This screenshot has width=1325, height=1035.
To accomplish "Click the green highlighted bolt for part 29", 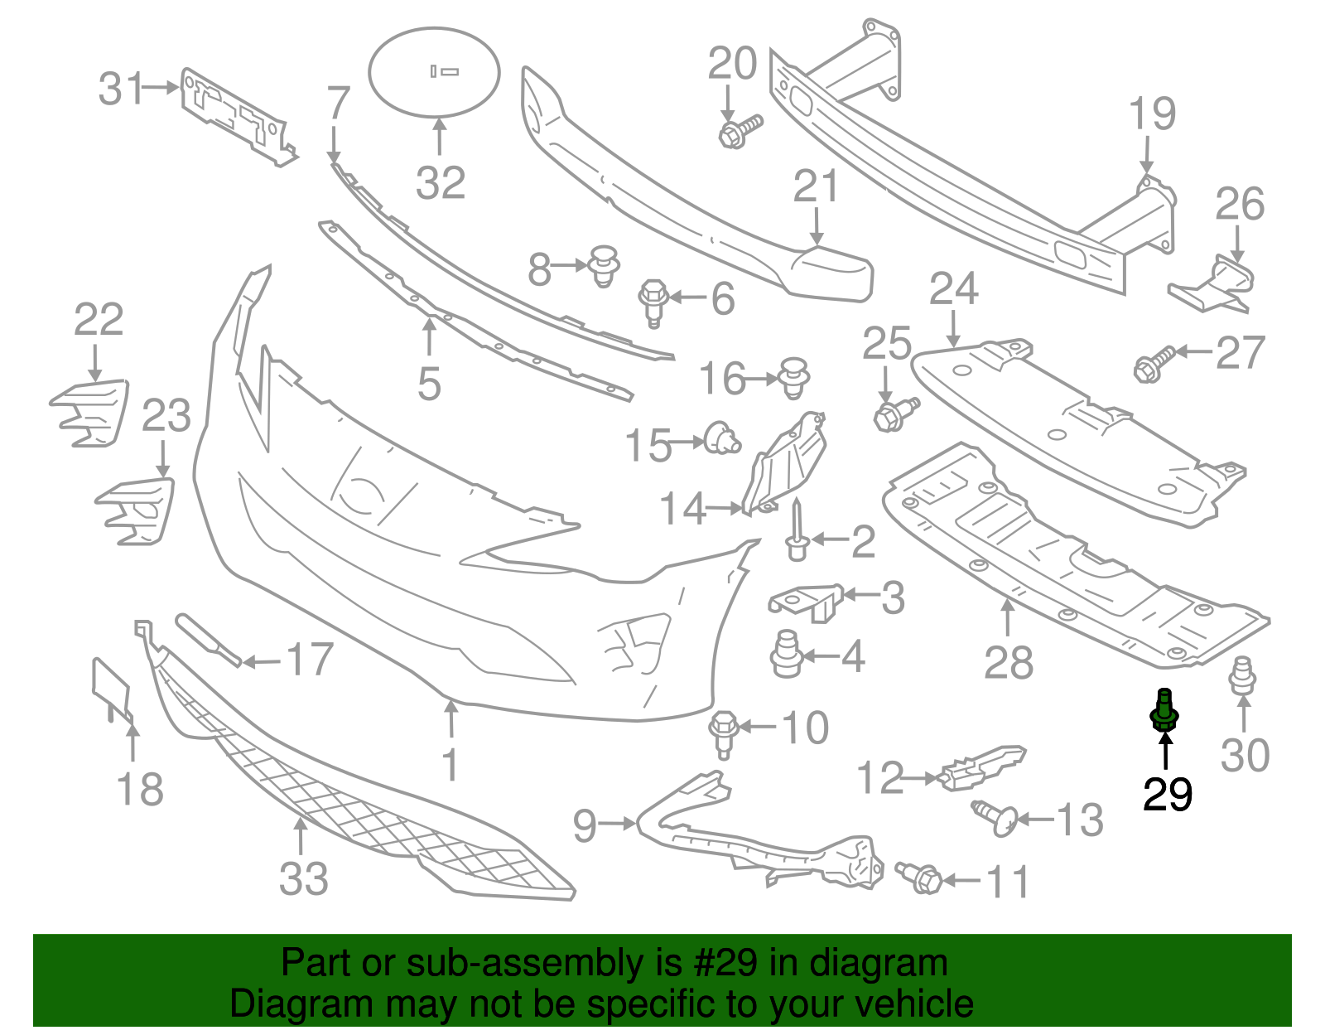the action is (1164, 710).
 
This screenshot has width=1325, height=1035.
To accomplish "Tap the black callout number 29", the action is (1167, 794).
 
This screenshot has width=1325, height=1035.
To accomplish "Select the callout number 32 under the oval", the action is (441, 182).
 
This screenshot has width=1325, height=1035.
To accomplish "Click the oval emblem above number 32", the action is (434, 72).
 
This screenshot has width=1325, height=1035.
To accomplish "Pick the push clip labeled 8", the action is (604, 266).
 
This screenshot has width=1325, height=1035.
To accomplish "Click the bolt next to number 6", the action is (653, 303).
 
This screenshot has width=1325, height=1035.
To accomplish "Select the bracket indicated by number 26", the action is (1213, 285).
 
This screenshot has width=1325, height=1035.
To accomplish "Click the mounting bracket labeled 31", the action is (238, 116).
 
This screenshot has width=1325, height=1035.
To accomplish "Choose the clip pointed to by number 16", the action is (793, 378).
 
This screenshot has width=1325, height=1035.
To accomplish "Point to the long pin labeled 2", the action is (797, 530).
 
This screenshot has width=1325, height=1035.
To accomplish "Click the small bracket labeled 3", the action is (806, 602).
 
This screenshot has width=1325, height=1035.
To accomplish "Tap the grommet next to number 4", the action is (787, 655).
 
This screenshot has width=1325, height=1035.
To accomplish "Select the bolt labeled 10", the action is (724, 734).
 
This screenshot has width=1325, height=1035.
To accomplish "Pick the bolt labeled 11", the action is (918, 878).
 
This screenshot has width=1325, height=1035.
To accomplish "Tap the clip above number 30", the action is (1242, 675).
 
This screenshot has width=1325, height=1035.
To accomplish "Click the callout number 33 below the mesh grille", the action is (304, 879).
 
